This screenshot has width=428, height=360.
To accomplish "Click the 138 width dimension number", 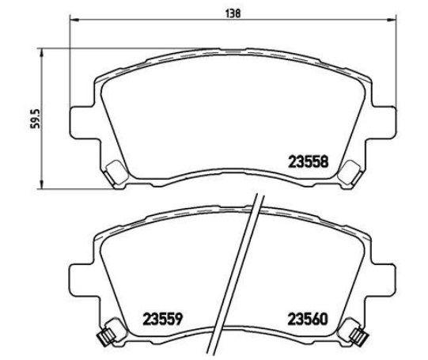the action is (233, 13).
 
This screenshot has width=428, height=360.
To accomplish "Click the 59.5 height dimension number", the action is (36, 119).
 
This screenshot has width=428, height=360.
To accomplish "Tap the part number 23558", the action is (309, 162).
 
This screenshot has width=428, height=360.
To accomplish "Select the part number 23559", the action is (163, 319).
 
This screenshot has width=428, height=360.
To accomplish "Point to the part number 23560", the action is (308, 319).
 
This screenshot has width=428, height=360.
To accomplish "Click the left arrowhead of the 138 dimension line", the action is (74, 20).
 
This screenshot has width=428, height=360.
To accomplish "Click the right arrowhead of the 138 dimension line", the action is (391, 20).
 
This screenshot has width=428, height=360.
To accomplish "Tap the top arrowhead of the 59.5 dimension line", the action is (41, 53).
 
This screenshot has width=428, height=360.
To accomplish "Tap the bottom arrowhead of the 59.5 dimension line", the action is (41, 184).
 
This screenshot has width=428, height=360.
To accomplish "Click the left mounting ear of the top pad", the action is (82, 123).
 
